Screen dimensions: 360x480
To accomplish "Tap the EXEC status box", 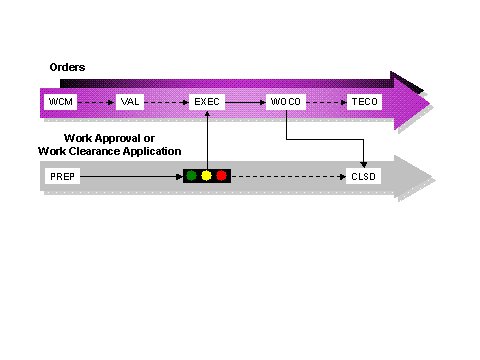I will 206,102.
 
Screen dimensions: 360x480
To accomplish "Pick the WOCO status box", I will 286,102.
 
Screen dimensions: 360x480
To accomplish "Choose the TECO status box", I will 361,102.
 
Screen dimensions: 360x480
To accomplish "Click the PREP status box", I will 61,176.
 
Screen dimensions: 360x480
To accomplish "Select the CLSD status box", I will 363,176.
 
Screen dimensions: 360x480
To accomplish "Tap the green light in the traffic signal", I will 191,176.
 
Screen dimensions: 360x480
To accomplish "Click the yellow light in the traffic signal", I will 206,176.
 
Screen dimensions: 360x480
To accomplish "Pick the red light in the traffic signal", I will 221,176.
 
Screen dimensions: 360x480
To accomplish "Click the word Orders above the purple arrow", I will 67,67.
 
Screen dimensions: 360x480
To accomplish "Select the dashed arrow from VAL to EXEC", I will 168,102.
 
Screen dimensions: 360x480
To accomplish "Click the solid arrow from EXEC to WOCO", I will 245,102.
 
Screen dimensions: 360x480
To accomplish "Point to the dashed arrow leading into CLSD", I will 290,176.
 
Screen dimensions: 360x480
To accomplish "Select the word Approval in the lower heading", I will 128,137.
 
